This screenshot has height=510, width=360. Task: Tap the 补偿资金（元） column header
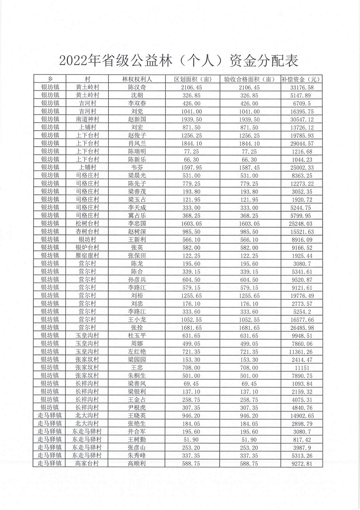[302, 79]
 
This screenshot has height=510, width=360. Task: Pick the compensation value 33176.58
[302, 87]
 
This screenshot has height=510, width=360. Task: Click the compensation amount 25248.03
[302, 223]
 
